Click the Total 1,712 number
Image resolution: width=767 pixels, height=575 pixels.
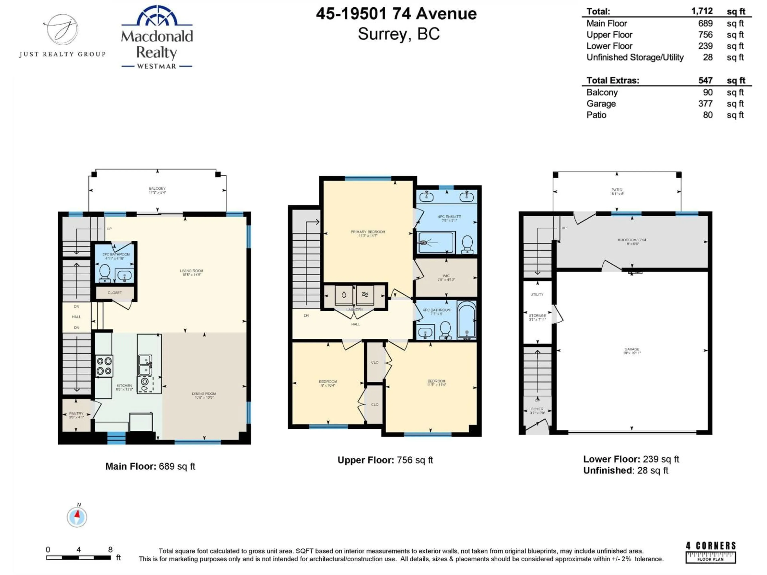coord(702,11)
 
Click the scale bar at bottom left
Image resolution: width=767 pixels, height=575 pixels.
coord(79,557)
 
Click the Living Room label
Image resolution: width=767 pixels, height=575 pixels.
coord(191,272)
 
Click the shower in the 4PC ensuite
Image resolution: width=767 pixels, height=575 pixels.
coord(435,242)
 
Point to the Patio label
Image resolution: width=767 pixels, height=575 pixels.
coord(617,191)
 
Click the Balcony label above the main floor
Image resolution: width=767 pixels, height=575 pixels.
coord(157,190)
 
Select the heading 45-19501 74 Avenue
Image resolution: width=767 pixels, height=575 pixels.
coord(396,14)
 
